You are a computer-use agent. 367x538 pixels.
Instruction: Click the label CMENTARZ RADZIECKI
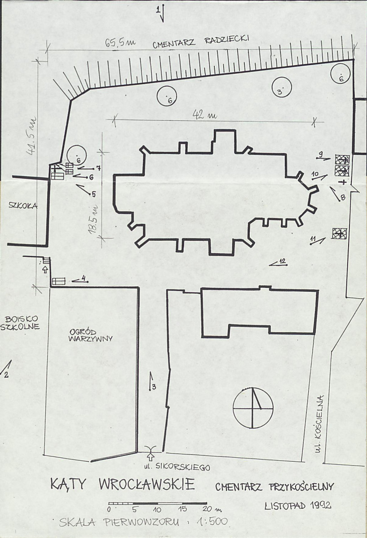click(200, 41)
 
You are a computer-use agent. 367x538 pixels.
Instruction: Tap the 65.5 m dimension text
click(120, 43)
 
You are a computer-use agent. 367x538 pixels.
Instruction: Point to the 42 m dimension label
click(204, 114)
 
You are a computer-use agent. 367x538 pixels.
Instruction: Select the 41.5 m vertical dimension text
click(32, 137)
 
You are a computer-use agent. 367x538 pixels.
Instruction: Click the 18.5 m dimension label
click(93, 220)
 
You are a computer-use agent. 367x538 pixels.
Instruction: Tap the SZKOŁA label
click(23, 206)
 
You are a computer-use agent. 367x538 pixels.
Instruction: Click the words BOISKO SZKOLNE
click(20, 322)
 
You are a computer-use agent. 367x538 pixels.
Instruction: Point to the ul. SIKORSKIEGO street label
click(177, 467)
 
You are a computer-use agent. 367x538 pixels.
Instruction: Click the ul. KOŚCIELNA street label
click(319, 424)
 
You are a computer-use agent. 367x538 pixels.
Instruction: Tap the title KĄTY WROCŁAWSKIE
click(123, 484)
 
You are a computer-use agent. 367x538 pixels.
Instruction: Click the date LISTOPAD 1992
click(298, 505)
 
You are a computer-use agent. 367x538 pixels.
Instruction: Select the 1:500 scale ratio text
click(212, 522)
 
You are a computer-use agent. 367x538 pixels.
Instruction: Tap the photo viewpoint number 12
click(283, 262)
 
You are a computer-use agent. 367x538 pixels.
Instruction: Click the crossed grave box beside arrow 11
click(339, 234)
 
